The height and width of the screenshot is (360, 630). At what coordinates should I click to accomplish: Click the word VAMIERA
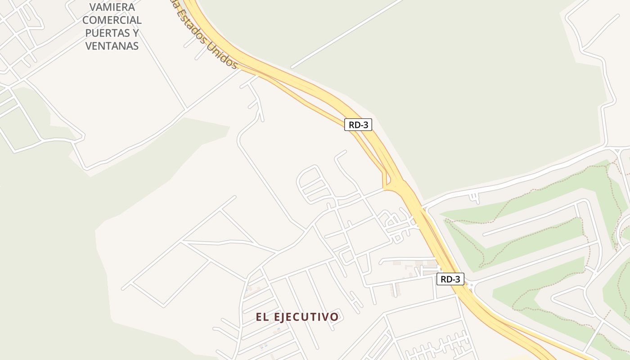(x=112, y=7)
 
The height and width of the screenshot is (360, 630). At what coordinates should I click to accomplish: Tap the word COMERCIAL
(x=112, y=20)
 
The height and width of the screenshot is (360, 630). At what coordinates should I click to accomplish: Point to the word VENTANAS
(x=112, y=46)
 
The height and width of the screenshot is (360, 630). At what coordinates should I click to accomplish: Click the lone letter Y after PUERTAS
(x=135, y=33)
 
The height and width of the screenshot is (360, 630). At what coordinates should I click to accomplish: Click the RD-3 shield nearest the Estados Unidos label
(x=358, y=125)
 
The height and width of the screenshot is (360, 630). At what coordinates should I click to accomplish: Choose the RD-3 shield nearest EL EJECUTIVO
(x=450, y=279)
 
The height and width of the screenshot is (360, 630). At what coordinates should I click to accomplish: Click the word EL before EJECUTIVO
(x=262, y=317)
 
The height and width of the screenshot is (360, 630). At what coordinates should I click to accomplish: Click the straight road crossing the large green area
(x=346, y=34)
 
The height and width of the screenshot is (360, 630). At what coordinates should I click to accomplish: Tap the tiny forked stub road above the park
(x=474, y=196)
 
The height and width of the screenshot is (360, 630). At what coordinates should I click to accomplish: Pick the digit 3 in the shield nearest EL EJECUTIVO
(x=458, y=279)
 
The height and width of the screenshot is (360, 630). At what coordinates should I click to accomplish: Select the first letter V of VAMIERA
(x=93, y=7)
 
